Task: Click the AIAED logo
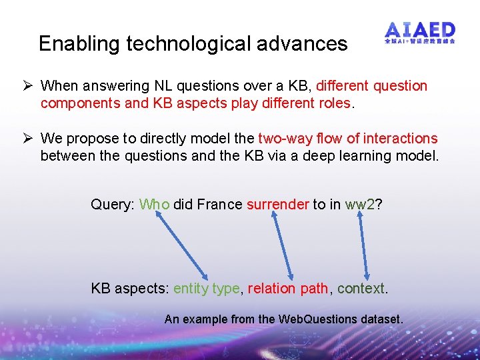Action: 420,33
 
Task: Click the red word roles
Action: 334,103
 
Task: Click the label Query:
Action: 112,205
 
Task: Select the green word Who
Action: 155,205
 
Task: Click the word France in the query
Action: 219,205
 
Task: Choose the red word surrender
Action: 278,205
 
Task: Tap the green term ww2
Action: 360,205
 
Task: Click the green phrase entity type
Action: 207,289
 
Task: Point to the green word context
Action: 361,289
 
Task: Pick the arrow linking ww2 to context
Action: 361,247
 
